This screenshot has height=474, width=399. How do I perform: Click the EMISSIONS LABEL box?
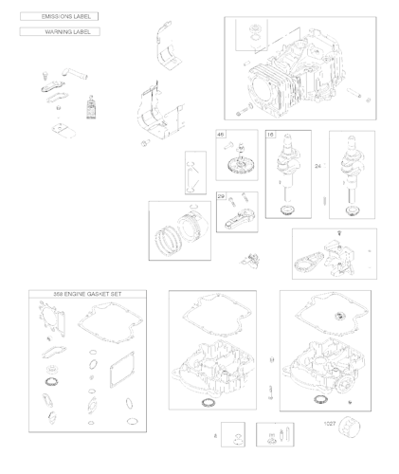point(59,17)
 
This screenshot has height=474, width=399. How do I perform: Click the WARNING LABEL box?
point(59,32)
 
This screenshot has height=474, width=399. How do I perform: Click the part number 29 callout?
point(221,196)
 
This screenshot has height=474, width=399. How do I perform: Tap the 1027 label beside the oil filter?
point(330,424)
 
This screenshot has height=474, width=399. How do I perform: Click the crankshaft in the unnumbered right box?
point(348,166)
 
